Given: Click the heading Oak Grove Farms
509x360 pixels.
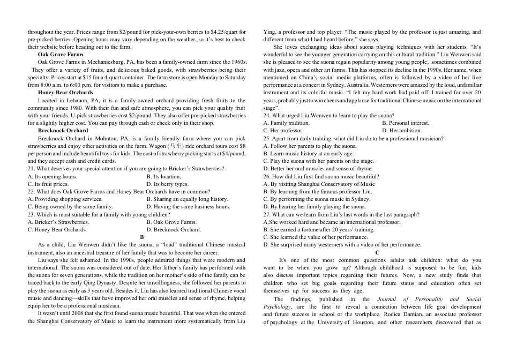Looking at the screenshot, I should pyautogui.click(x=61, y=55).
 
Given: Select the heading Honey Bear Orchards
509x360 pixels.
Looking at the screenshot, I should pyautogui.click(x=65, y=93).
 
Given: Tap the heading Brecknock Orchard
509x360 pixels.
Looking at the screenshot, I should pyautogui.click(x=63, y=131).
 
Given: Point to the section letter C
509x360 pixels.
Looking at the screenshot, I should pyautogui.click(x=377, y=252).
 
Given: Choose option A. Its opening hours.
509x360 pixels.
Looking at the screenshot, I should pyautogui.click(x=52, y=176).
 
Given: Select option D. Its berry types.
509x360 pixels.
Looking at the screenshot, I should pyautogui.click(x=167, y=184).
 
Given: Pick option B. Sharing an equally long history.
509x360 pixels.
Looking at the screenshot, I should pyautogui.click(x=187, y=199).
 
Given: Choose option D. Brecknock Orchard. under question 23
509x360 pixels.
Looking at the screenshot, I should pyautogui.click(x=174, y=230).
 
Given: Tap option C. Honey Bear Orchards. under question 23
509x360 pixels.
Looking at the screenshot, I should pyautogui.click(x=57, y=230).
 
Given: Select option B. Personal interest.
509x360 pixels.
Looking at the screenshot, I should pyautogui.click(x=406, y=123).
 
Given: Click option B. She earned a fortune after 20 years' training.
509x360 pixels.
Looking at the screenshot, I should pyautogui.click(x=321, y=230).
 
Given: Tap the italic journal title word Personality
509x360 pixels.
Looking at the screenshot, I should pyautogui.click(x=425, y=299).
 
